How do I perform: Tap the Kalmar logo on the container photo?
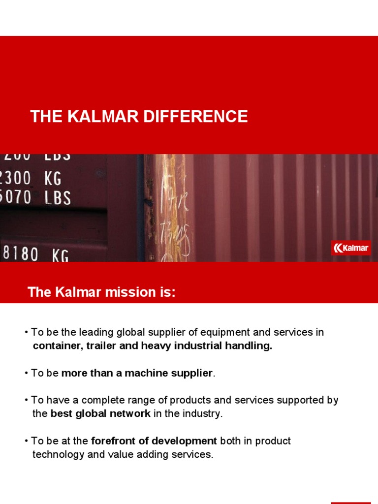[x=351, y=248]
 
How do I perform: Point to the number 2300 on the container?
[x=16, y=178]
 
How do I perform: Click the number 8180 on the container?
[x=20, y=254]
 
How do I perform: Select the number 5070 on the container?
[x=16, y=197]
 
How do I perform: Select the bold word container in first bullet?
[x=56, y=346]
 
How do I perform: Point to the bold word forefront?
[x=112, y=441]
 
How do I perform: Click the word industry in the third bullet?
[x=202, y=413]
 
